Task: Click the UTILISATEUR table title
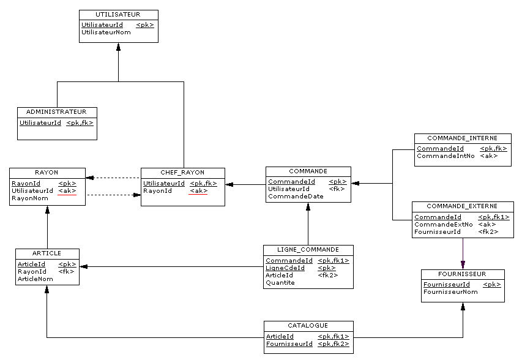(x=118, y=14)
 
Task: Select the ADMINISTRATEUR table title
(x=57, y=112)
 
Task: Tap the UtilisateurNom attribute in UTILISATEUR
(x=106, y=32)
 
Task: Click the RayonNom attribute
(x=29, y=198)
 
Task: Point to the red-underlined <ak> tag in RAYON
(x=67, y=191)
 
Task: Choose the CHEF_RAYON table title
(x=182, y=172)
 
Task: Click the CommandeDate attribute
(x=296, y=197)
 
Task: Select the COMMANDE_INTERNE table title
(x=462, y=138)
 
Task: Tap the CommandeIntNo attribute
(x=446, y=156)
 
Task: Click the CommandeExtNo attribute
(x=443, y=225)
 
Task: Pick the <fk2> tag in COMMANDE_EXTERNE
(x=488, y=232)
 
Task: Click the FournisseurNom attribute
(x=450, y=292)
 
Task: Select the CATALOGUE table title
(x=308, y=326)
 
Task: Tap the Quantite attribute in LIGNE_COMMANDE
(x=280, y=283)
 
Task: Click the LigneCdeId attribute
(x=285, y=268)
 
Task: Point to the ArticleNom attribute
(x=35, y=279)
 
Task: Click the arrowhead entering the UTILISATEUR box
(x=118, y=47)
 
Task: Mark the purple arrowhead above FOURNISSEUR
(x=463, y=265)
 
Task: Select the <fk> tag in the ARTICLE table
(x=66, y=272)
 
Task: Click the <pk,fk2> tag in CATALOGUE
(x=333, y=344)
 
